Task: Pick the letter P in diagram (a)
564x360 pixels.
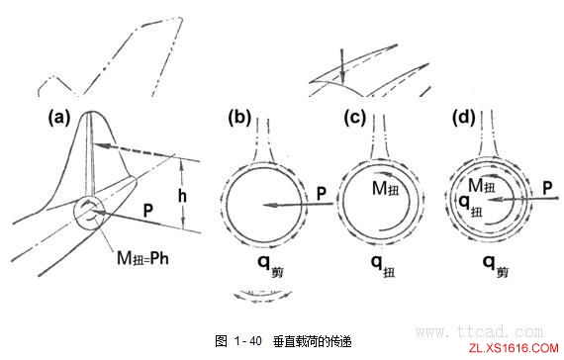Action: [x=146, y=210]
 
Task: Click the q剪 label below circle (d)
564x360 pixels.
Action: [x=491, y=264]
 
